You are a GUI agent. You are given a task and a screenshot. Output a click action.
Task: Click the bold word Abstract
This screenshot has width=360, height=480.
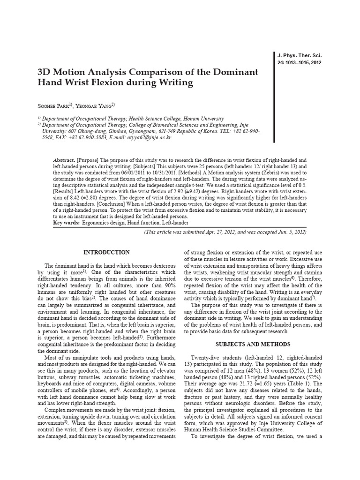coord(64,160)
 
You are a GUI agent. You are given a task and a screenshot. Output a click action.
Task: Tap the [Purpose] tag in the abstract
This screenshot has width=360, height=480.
coord(89,160)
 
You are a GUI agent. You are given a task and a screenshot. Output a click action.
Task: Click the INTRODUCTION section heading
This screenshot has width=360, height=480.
coord(106,252)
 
